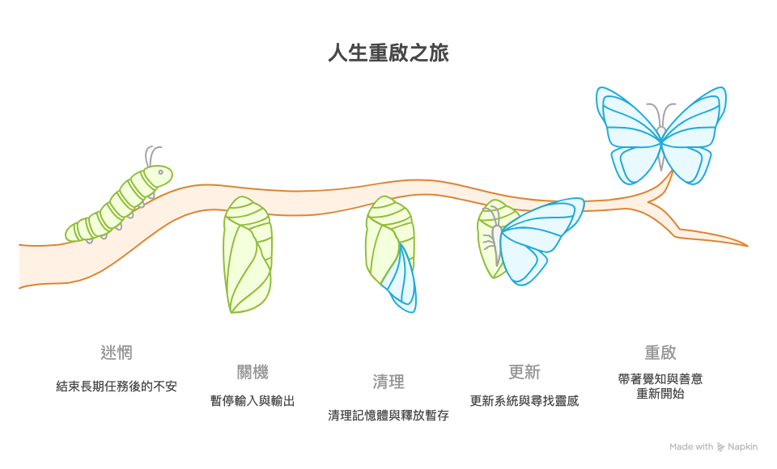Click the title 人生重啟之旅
click(388, 54)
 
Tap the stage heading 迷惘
click(117, 353)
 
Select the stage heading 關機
click(253, 372)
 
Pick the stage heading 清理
click(388, 382)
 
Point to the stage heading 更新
click(524, 372)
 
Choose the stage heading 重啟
click(660, 353)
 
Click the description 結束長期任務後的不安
click(117, 387)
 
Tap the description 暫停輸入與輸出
click(253, 401)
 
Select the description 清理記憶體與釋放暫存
click(388, 416)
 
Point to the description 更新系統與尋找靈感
click(524, 401)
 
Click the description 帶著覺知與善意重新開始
click(660, 387)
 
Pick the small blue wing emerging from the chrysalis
click(402, 279)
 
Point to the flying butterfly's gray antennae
click(662, 114)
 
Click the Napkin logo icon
click(721, 447)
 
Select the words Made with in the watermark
click(691, 447)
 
